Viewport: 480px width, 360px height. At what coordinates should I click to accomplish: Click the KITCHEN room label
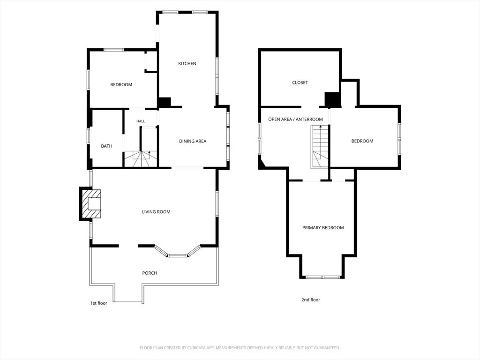[x=187, y=63]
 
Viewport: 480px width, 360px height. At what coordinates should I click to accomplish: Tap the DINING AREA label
[x=193, y=141]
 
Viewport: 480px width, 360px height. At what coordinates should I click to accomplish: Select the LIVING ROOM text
[x=156, y=212]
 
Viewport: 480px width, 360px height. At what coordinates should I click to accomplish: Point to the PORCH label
[x=150, y=273]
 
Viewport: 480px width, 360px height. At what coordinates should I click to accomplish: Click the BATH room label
[x=106, y=146]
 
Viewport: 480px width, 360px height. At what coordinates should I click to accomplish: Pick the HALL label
[x=141, y=121]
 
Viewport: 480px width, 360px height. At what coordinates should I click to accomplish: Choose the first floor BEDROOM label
[x=121, y=84]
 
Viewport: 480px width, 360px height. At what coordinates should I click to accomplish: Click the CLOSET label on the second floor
[x=300, y=82]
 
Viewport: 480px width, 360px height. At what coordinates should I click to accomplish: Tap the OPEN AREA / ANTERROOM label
[x=295, y=119]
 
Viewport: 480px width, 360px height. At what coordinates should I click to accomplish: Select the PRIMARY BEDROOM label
[x=323, y=228]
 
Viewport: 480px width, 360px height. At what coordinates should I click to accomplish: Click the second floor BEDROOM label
[x=362, y=141]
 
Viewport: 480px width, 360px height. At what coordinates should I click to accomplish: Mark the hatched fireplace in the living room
[x=91, y=204]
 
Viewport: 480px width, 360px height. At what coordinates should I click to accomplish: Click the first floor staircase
[x=141, y=159]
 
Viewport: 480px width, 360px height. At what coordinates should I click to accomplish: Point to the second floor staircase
[x=320, y=147]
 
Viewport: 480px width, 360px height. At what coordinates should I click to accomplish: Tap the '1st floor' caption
[x=98, y=303]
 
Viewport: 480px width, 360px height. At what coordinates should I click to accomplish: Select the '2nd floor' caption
[x=311, y=300]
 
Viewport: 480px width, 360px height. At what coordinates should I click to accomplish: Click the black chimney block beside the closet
[x=332, y=99]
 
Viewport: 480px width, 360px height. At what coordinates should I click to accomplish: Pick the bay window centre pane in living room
[x=178, y=255]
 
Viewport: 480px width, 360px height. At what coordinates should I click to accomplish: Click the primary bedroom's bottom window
[x=322, y=277]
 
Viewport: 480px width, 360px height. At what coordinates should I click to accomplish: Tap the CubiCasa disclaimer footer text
[x=240, y=348]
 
